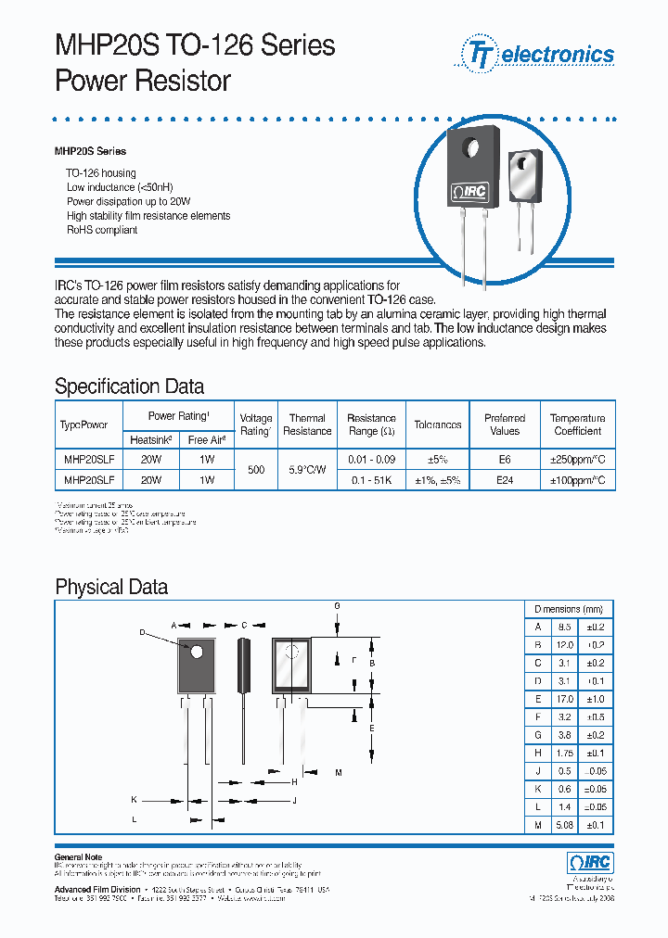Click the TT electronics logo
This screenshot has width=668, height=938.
point(534,54)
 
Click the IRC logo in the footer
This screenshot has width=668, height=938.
point(590,863)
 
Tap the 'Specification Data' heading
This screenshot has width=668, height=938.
point(129,387)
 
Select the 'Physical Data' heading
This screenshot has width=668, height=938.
point(111,587)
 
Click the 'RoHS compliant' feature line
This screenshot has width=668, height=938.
point(102,230)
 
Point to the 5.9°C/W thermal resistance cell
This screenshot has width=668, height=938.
point(307,470)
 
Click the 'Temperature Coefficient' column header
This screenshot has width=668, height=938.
point(577,425)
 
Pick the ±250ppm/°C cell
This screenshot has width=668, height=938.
point(577,459)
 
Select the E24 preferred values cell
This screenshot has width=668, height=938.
point(505,480)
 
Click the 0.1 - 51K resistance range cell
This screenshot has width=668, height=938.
point(371,480)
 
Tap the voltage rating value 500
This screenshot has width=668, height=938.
point(256,470)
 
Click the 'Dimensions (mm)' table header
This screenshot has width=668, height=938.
point(569,609)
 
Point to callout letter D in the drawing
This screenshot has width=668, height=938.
point(142,633)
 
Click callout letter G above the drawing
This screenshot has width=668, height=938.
point(337,605)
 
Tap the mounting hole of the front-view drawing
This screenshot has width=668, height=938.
point(197,652)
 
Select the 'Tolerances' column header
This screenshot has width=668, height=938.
point(438,425)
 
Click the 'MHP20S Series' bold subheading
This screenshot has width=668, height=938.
point(90,151)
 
